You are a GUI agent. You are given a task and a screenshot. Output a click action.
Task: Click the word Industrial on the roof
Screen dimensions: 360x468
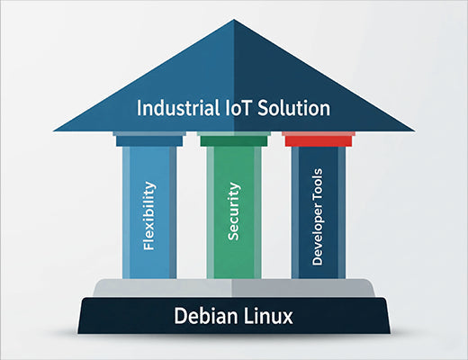click(x=175, y=109)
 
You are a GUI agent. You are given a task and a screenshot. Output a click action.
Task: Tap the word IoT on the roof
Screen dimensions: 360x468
click(x=236, y=109)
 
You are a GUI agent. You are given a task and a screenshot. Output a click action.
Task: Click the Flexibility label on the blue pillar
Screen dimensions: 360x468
click(x=149, y=215)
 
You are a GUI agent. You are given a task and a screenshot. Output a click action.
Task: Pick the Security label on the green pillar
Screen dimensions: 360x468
click(x=233, y=211)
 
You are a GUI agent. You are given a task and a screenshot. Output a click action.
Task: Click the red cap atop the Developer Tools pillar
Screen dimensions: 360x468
click(x=317, y=139)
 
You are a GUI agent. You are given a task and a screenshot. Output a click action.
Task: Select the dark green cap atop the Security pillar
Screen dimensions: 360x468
click(x=233, y=139)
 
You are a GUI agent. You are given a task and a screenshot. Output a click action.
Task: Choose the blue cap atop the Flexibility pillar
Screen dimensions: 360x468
click(x=149, y=139)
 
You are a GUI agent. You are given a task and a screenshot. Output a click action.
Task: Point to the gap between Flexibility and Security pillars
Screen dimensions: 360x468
click(x=191, y=211)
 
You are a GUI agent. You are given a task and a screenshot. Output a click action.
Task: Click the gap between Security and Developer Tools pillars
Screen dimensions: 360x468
click(x=275, y=211)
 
